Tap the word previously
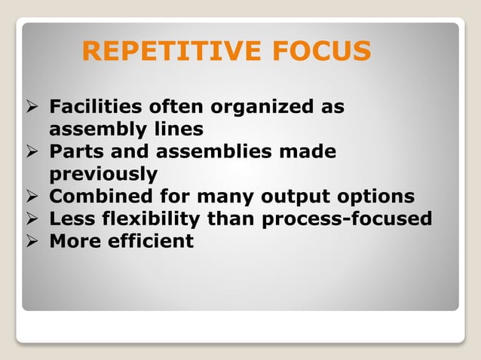point(103,174)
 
